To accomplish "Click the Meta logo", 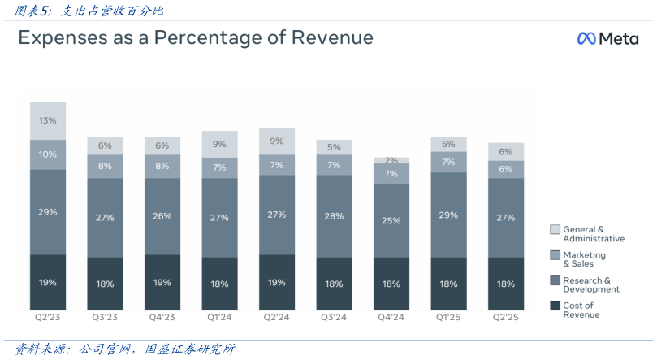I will [607, 39].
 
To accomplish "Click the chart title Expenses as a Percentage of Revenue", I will [196, 38].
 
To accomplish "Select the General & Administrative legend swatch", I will [555, 230].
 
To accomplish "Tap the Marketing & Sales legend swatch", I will [555, 255].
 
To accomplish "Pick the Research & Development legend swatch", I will [555, 280].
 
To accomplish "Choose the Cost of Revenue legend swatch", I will [555, 306].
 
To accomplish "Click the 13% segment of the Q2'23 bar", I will [48, 120].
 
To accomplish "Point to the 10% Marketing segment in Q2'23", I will [48, 154].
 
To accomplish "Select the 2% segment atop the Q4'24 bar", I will [391, 161].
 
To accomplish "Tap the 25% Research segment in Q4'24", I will [391, 220].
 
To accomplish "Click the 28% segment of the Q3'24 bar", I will [334, 217].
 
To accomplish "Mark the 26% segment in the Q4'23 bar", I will [162, 217].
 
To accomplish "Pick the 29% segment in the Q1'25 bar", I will [448, 215].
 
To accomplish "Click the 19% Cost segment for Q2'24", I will [277, 282].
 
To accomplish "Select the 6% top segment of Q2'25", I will [506, 152].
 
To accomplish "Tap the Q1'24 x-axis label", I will [219, 318].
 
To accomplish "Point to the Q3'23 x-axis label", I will [105, 318].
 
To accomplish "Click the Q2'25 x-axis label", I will [506, 318].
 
